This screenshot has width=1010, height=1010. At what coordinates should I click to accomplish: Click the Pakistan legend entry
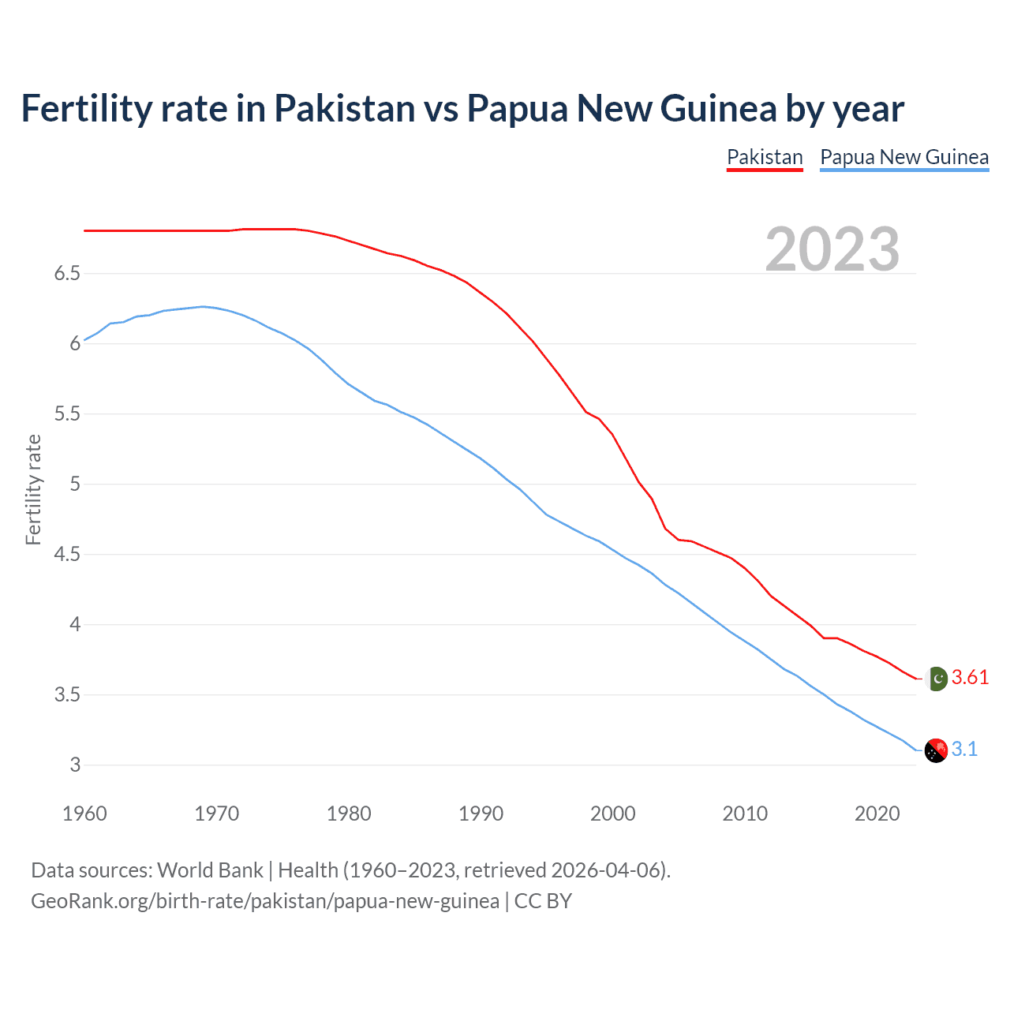coord(764,157)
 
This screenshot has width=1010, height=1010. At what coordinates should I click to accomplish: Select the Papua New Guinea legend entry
coord(904,157)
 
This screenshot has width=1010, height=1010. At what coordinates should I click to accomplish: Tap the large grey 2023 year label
coord(832,249)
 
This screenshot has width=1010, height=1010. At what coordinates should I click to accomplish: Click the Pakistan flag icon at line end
coord(937,679)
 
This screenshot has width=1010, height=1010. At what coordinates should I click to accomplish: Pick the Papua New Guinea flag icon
coord(936,750)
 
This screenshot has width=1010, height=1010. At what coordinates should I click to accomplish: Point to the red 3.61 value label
coord(970,678)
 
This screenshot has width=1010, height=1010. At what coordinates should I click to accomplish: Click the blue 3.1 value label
coord(964,750)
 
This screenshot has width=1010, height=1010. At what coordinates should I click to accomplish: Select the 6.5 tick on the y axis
coord(67,274)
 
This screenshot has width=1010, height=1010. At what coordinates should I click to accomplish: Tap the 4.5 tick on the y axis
coord(67,555)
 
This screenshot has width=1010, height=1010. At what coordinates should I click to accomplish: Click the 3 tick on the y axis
coord(75,765)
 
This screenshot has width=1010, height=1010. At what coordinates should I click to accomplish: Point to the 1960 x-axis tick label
coord(84,814)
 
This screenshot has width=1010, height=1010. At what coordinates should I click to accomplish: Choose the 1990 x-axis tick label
coord(481,814)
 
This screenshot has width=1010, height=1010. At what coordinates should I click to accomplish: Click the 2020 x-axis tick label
coord(877,814)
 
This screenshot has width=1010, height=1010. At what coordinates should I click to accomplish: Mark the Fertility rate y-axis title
coord(33,489)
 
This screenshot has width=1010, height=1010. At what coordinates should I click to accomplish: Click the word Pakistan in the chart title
coord(344,108)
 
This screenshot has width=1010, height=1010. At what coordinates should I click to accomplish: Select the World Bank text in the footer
coord(210,870)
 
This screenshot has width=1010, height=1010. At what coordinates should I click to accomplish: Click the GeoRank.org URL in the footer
coord(264,901)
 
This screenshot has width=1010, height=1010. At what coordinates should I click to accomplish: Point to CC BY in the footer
coord(543,901)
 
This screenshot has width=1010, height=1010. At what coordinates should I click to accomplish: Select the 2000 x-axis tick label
coord(612,814)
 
